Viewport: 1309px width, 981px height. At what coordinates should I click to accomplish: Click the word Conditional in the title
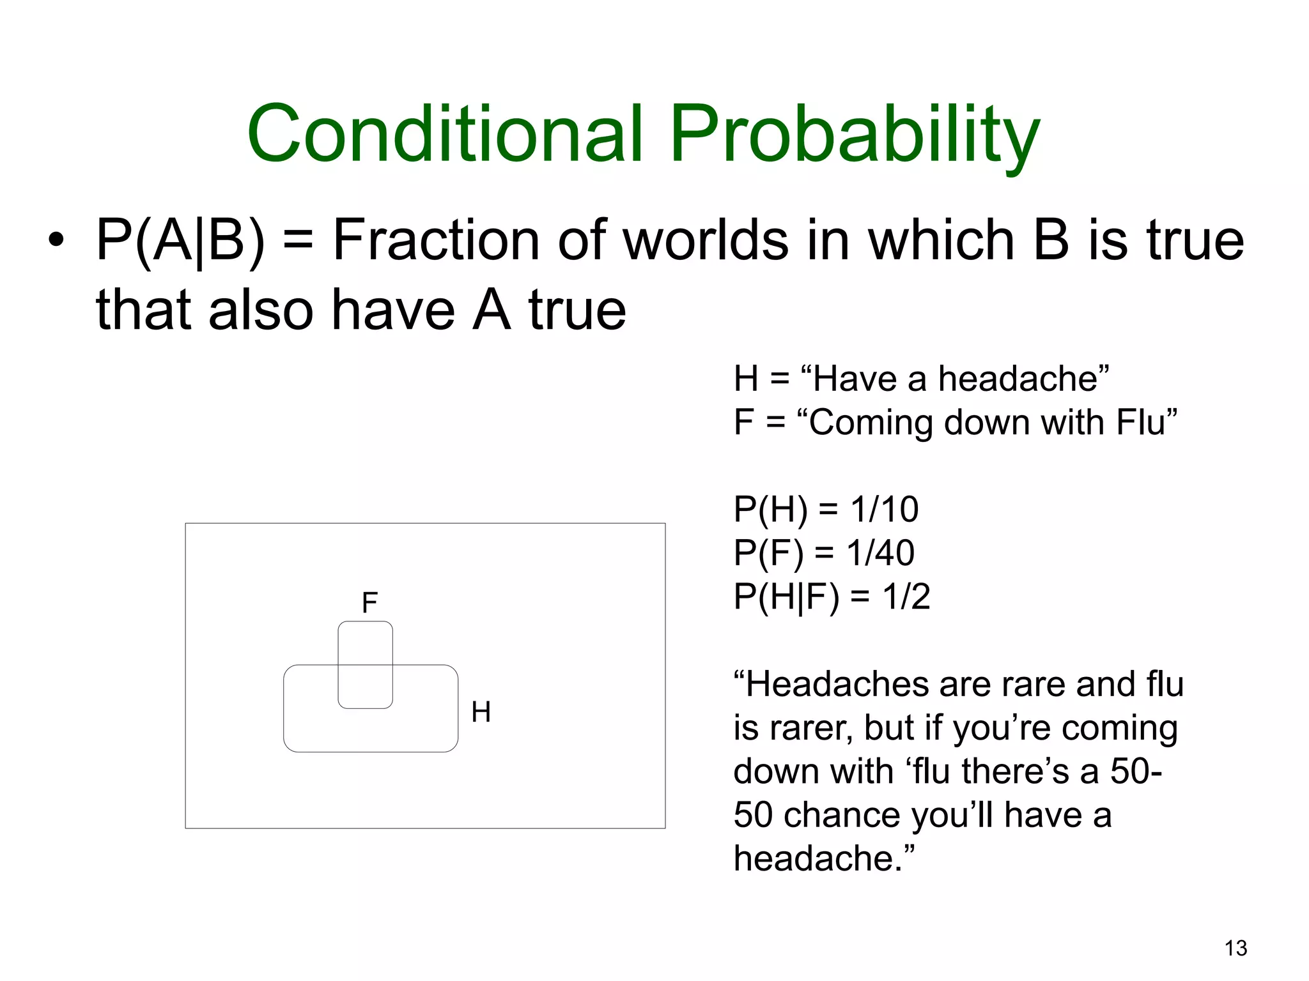(445, 134)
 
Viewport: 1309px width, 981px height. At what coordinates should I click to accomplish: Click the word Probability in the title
(854, 135)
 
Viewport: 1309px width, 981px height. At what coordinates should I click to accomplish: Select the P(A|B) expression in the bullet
(180, 241)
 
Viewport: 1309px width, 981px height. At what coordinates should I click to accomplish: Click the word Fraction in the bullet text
(437, 241)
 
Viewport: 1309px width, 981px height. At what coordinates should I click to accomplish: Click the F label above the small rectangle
(369, 602)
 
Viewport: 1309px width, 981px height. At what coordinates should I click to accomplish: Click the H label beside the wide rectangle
(481, 711)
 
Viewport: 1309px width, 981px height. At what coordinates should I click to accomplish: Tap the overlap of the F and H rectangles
(365, 686)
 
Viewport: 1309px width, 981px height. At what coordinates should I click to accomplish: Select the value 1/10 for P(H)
(884, 510)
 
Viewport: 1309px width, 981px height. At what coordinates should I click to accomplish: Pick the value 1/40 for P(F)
(880, 553)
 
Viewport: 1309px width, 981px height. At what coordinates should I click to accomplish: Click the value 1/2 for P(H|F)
(906, 597)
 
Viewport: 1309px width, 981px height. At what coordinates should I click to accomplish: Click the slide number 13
(1235, 948)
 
